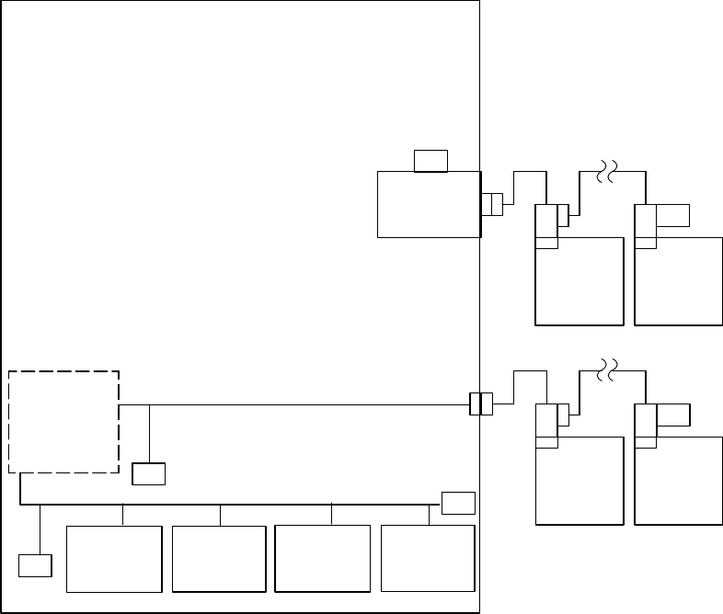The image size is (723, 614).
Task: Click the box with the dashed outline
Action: coord(63,422)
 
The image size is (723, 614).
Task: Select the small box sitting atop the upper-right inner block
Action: coord(430,160)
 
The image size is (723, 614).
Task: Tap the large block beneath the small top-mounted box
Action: coord(429,204)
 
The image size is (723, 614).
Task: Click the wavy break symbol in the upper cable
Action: coord(605,172)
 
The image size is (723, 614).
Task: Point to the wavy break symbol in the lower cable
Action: coord(605,370)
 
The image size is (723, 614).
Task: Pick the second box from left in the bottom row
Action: coord(219,559)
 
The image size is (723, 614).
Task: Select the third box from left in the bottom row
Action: coord(323,559)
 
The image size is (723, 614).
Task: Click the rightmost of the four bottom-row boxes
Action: coord(428,559)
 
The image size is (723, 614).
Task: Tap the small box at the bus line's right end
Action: coord(458,503)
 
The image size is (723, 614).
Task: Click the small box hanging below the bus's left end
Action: coord(35,565)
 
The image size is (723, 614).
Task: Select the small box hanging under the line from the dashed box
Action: coord(148,473)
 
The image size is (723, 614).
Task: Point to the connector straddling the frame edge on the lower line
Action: coord(480,404)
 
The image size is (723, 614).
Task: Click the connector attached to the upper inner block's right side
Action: coord(491,204)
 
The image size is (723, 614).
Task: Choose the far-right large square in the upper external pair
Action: coord(678,280)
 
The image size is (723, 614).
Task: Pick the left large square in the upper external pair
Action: coord(580,280)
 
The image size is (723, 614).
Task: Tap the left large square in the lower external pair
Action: coord(580,480)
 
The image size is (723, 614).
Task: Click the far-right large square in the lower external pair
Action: coord(678,480)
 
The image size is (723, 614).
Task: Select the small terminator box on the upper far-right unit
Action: coord(673,215)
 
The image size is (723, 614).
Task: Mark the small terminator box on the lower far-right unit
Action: coord(673,415)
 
